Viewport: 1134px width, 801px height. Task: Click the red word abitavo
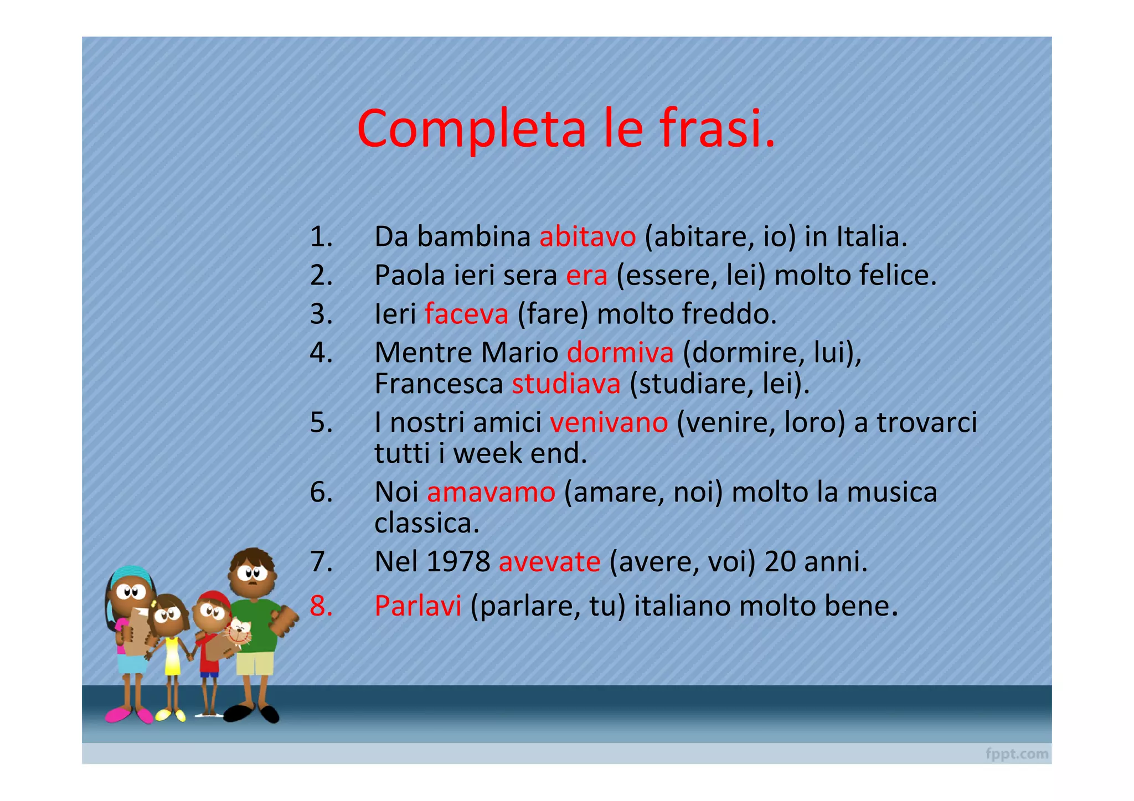click(x=587, y=237)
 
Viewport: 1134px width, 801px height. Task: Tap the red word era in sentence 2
click(x=586, y=276)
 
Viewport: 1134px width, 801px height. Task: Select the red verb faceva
click(x=466, y=314)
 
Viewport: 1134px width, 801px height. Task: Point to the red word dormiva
click(x=620, y=353)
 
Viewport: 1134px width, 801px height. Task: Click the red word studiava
click(x=566, y=384)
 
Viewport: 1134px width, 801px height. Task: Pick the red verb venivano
click(x=609, y=422)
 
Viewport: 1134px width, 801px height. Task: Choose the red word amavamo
click(x=491, y=492)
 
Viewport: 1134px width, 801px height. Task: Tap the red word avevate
click(x=549, y=562)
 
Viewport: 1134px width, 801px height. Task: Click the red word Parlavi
click(x=417, y=606)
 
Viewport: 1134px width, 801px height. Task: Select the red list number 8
click(x=321, y=606)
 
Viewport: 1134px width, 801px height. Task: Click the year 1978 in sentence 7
click(x=459, y=562)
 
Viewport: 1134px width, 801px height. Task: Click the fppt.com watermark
click(x=1017, y=754)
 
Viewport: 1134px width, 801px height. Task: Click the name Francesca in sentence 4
click(x=439, y=384)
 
